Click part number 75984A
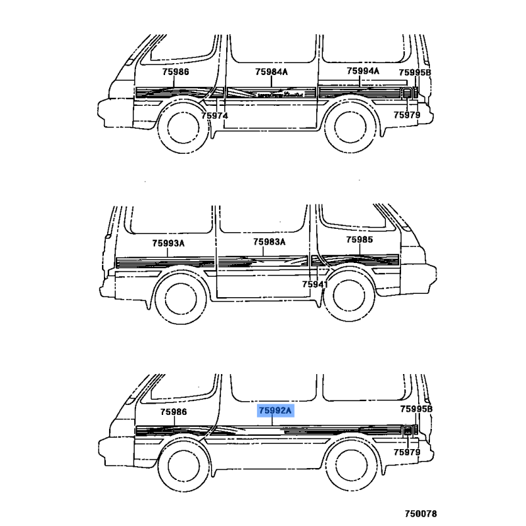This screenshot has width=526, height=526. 272,72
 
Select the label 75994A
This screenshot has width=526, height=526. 363,71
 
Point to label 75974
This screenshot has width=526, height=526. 214,115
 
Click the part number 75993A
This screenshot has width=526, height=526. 168,243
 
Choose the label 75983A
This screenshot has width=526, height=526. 270,243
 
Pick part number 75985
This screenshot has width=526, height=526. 360,240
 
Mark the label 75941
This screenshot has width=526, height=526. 315,285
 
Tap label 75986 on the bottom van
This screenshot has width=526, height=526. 174,412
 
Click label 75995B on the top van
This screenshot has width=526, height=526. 416,72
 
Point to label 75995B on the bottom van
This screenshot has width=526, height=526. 416,409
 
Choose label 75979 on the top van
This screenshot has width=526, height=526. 406,115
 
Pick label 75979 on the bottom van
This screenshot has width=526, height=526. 406,452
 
